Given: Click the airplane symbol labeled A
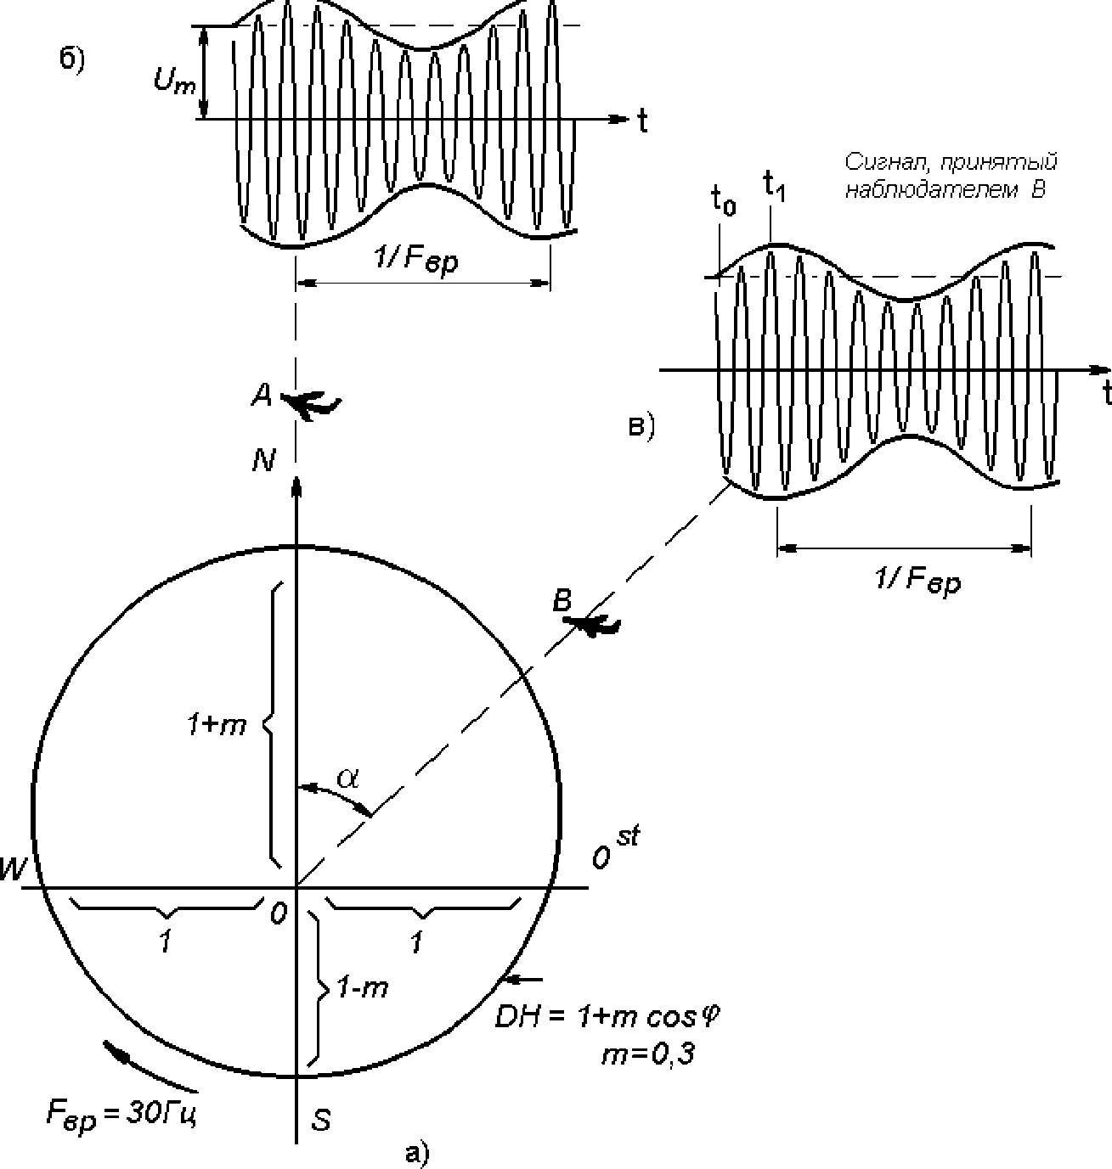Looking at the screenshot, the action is pyautogui.click(x=310, y=404).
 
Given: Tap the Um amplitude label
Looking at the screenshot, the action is pyautogui.click(x=174, y=80).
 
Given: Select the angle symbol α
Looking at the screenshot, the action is pyautogui.click(x=348, y=778).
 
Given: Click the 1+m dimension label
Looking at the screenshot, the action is pyautogui.click(x=217, y=725).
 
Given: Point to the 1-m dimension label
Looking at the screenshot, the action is pyautogui.click(x=363, y=987).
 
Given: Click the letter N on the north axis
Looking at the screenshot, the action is pyautogui.click(x=263, y=459).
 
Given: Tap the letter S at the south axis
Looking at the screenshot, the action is pyautogui.click(x=321, y=1120).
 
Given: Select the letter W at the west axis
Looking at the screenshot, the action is pyautogui.click(x=13, y=869).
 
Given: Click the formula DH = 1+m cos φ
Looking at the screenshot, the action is pyautogui.click(x=607, y=1017).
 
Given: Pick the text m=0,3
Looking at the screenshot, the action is pyautogui.click(x=648, y=1055).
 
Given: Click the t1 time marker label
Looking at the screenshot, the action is pyautogui.click(x=773, y=186).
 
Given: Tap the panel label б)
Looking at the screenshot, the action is pyautogui.click(x=72, y=59).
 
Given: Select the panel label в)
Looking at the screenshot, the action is pyautogui.click(x=642, y=427).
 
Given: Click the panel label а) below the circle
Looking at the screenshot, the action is pyautogui.click(x=416, y=1153).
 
